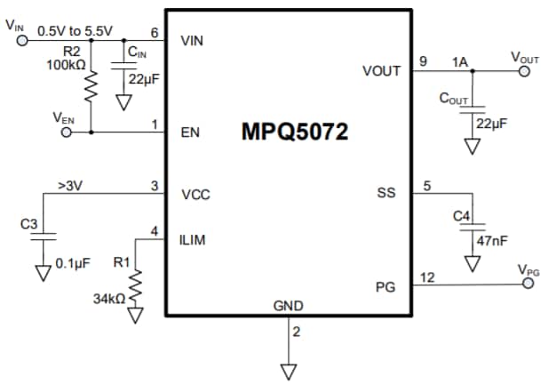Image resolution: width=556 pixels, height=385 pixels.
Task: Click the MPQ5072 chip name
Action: point(294,132)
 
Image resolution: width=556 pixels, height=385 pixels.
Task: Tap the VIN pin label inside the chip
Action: point(195,40)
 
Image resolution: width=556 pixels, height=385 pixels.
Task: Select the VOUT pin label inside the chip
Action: point(381,70)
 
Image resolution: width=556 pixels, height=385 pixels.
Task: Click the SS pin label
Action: point(385,193)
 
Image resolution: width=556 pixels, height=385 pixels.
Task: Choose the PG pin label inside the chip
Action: point(386,286)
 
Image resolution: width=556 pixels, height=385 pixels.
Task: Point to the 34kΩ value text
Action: point(108,300)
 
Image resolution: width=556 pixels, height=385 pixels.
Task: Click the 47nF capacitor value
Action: point(493,240)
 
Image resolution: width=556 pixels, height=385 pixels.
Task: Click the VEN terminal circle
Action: point(66,132)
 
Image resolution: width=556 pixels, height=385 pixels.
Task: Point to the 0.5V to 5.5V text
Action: point(75,30)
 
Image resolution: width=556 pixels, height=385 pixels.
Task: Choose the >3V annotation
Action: point(68,186)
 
